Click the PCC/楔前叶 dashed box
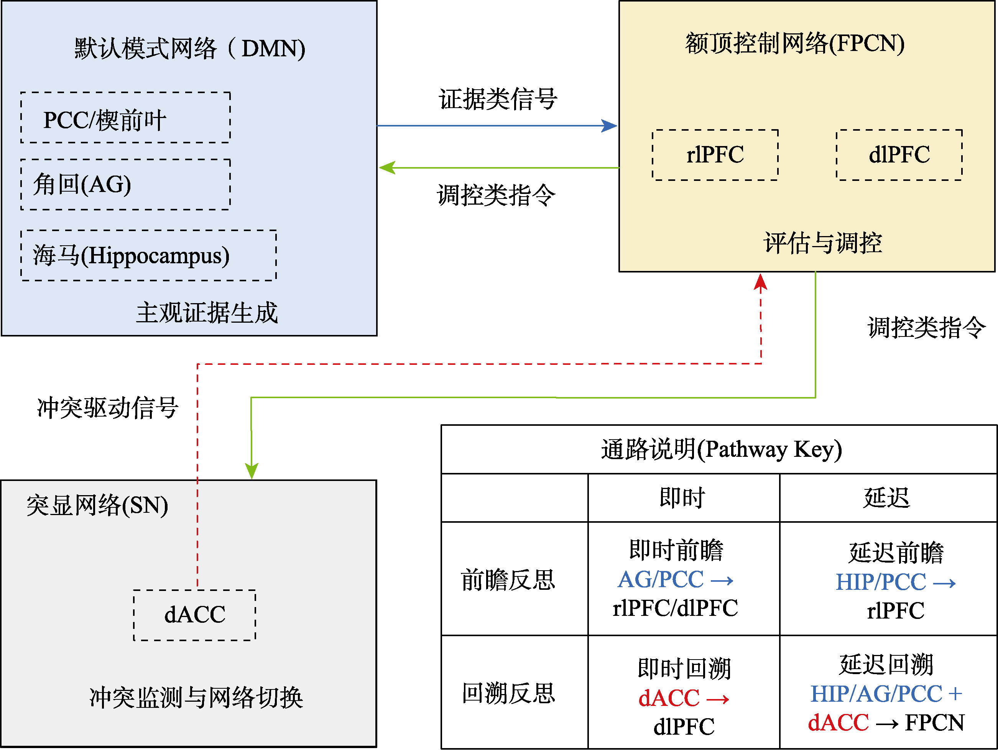125,118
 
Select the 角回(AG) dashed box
125,184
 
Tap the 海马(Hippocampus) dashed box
148,256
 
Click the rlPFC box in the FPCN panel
715,155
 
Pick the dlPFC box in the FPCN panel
899,155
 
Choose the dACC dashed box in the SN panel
194,615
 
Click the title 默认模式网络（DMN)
189,48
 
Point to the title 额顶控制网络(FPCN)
794,44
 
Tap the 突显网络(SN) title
97,505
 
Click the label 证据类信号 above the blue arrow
498,99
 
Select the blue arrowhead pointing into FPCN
610,126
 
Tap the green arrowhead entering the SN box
251,471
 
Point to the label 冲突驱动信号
107,408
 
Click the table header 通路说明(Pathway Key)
721,450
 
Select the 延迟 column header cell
887,498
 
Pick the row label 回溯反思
508,693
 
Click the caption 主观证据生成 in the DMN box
207,313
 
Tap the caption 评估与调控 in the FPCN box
822,243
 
